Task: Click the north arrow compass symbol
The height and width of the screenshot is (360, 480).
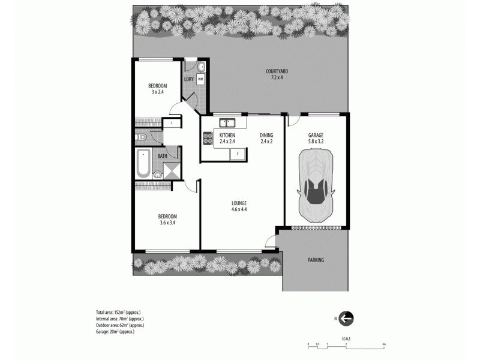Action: tap(346, 318)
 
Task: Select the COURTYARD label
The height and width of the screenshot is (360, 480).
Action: tap(277, 74)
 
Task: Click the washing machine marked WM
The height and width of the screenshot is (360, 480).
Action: tap(200, 79)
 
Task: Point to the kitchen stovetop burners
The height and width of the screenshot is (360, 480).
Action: tap(208, 139)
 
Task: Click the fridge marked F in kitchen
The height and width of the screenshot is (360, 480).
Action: tap(238, 154)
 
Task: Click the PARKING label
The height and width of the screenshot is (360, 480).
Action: tap(316, 260)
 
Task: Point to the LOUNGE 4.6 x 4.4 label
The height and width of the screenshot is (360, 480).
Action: tap(239, 206)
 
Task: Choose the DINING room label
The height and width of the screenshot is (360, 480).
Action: tap(266, 138)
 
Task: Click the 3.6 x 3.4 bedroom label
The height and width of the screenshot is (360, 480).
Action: tap(167, 219)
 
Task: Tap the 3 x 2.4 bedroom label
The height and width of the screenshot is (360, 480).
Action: tap(158, 89)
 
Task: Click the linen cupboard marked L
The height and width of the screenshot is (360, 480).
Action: tap(172, 122)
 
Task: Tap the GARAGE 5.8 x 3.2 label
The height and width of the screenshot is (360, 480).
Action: tap(316, 138)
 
